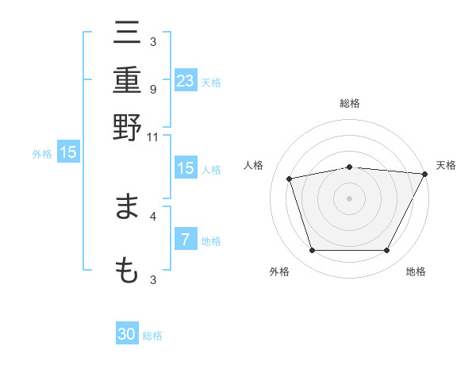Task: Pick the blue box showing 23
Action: (186, 81)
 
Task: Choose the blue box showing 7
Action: (186, 240)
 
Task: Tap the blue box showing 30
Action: (127, 334)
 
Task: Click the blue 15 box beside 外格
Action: (68, 152)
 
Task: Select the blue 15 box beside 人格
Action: (186, 168)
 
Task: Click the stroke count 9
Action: (152, 89)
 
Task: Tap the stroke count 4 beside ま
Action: (152, 215)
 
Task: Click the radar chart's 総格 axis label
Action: (349, 103)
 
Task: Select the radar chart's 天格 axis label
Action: (446, 165)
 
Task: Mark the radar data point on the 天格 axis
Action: (424, 174)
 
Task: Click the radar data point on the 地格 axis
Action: (386, 251)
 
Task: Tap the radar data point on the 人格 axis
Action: (290, 179)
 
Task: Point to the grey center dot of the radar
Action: (349, 198)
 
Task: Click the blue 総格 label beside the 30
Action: (152, 336)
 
